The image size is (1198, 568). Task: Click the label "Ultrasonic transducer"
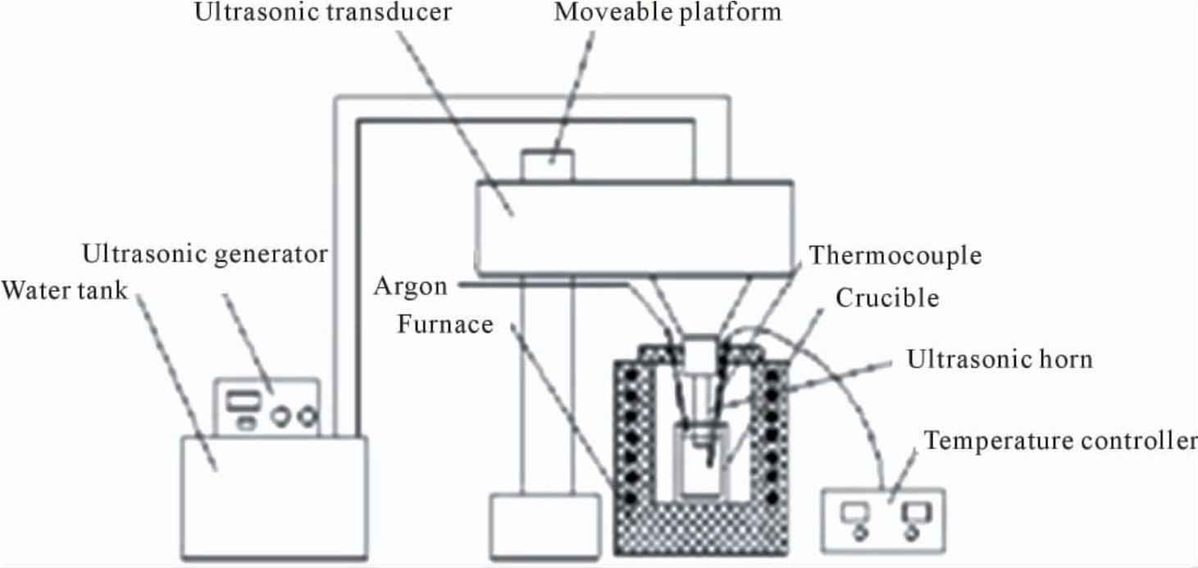(323, 11)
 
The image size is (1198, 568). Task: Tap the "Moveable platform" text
(667, 11)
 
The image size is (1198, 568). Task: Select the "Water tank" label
(65, 291)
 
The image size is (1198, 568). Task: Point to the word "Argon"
(410, 287)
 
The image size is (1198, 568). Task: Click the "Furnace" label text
(445, 324)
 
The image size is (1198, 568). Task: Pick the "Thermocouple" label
(895, 256)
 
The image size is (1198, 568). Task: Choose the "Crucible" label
(887, 298)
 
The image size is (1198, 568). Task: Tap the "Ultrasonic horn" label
(1000, 359)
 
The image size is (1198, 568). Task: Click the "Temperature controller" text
(1061, 441)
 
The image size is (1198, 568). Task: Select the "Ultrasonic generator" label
(205, 254)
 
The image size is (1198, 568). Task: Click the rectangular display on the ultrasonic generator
(244, 401)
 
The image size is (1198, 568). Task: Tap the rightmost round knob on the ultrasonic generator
(307, 416)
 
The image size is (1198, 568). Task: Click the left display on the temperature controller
(855, 513)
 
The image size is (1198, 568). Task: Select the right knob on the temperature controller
(911, 534)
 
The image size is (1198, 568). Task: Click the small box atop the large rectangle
(549, 166)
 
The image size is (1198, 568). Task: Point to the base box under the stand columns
(545, 526)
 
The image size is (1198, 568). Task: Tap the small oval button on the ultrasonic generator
(245, 424)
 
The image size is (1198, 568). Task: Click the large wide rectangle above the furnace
(635, 229)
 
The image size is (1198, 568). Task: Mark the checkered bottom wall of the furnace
(701, 528)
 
